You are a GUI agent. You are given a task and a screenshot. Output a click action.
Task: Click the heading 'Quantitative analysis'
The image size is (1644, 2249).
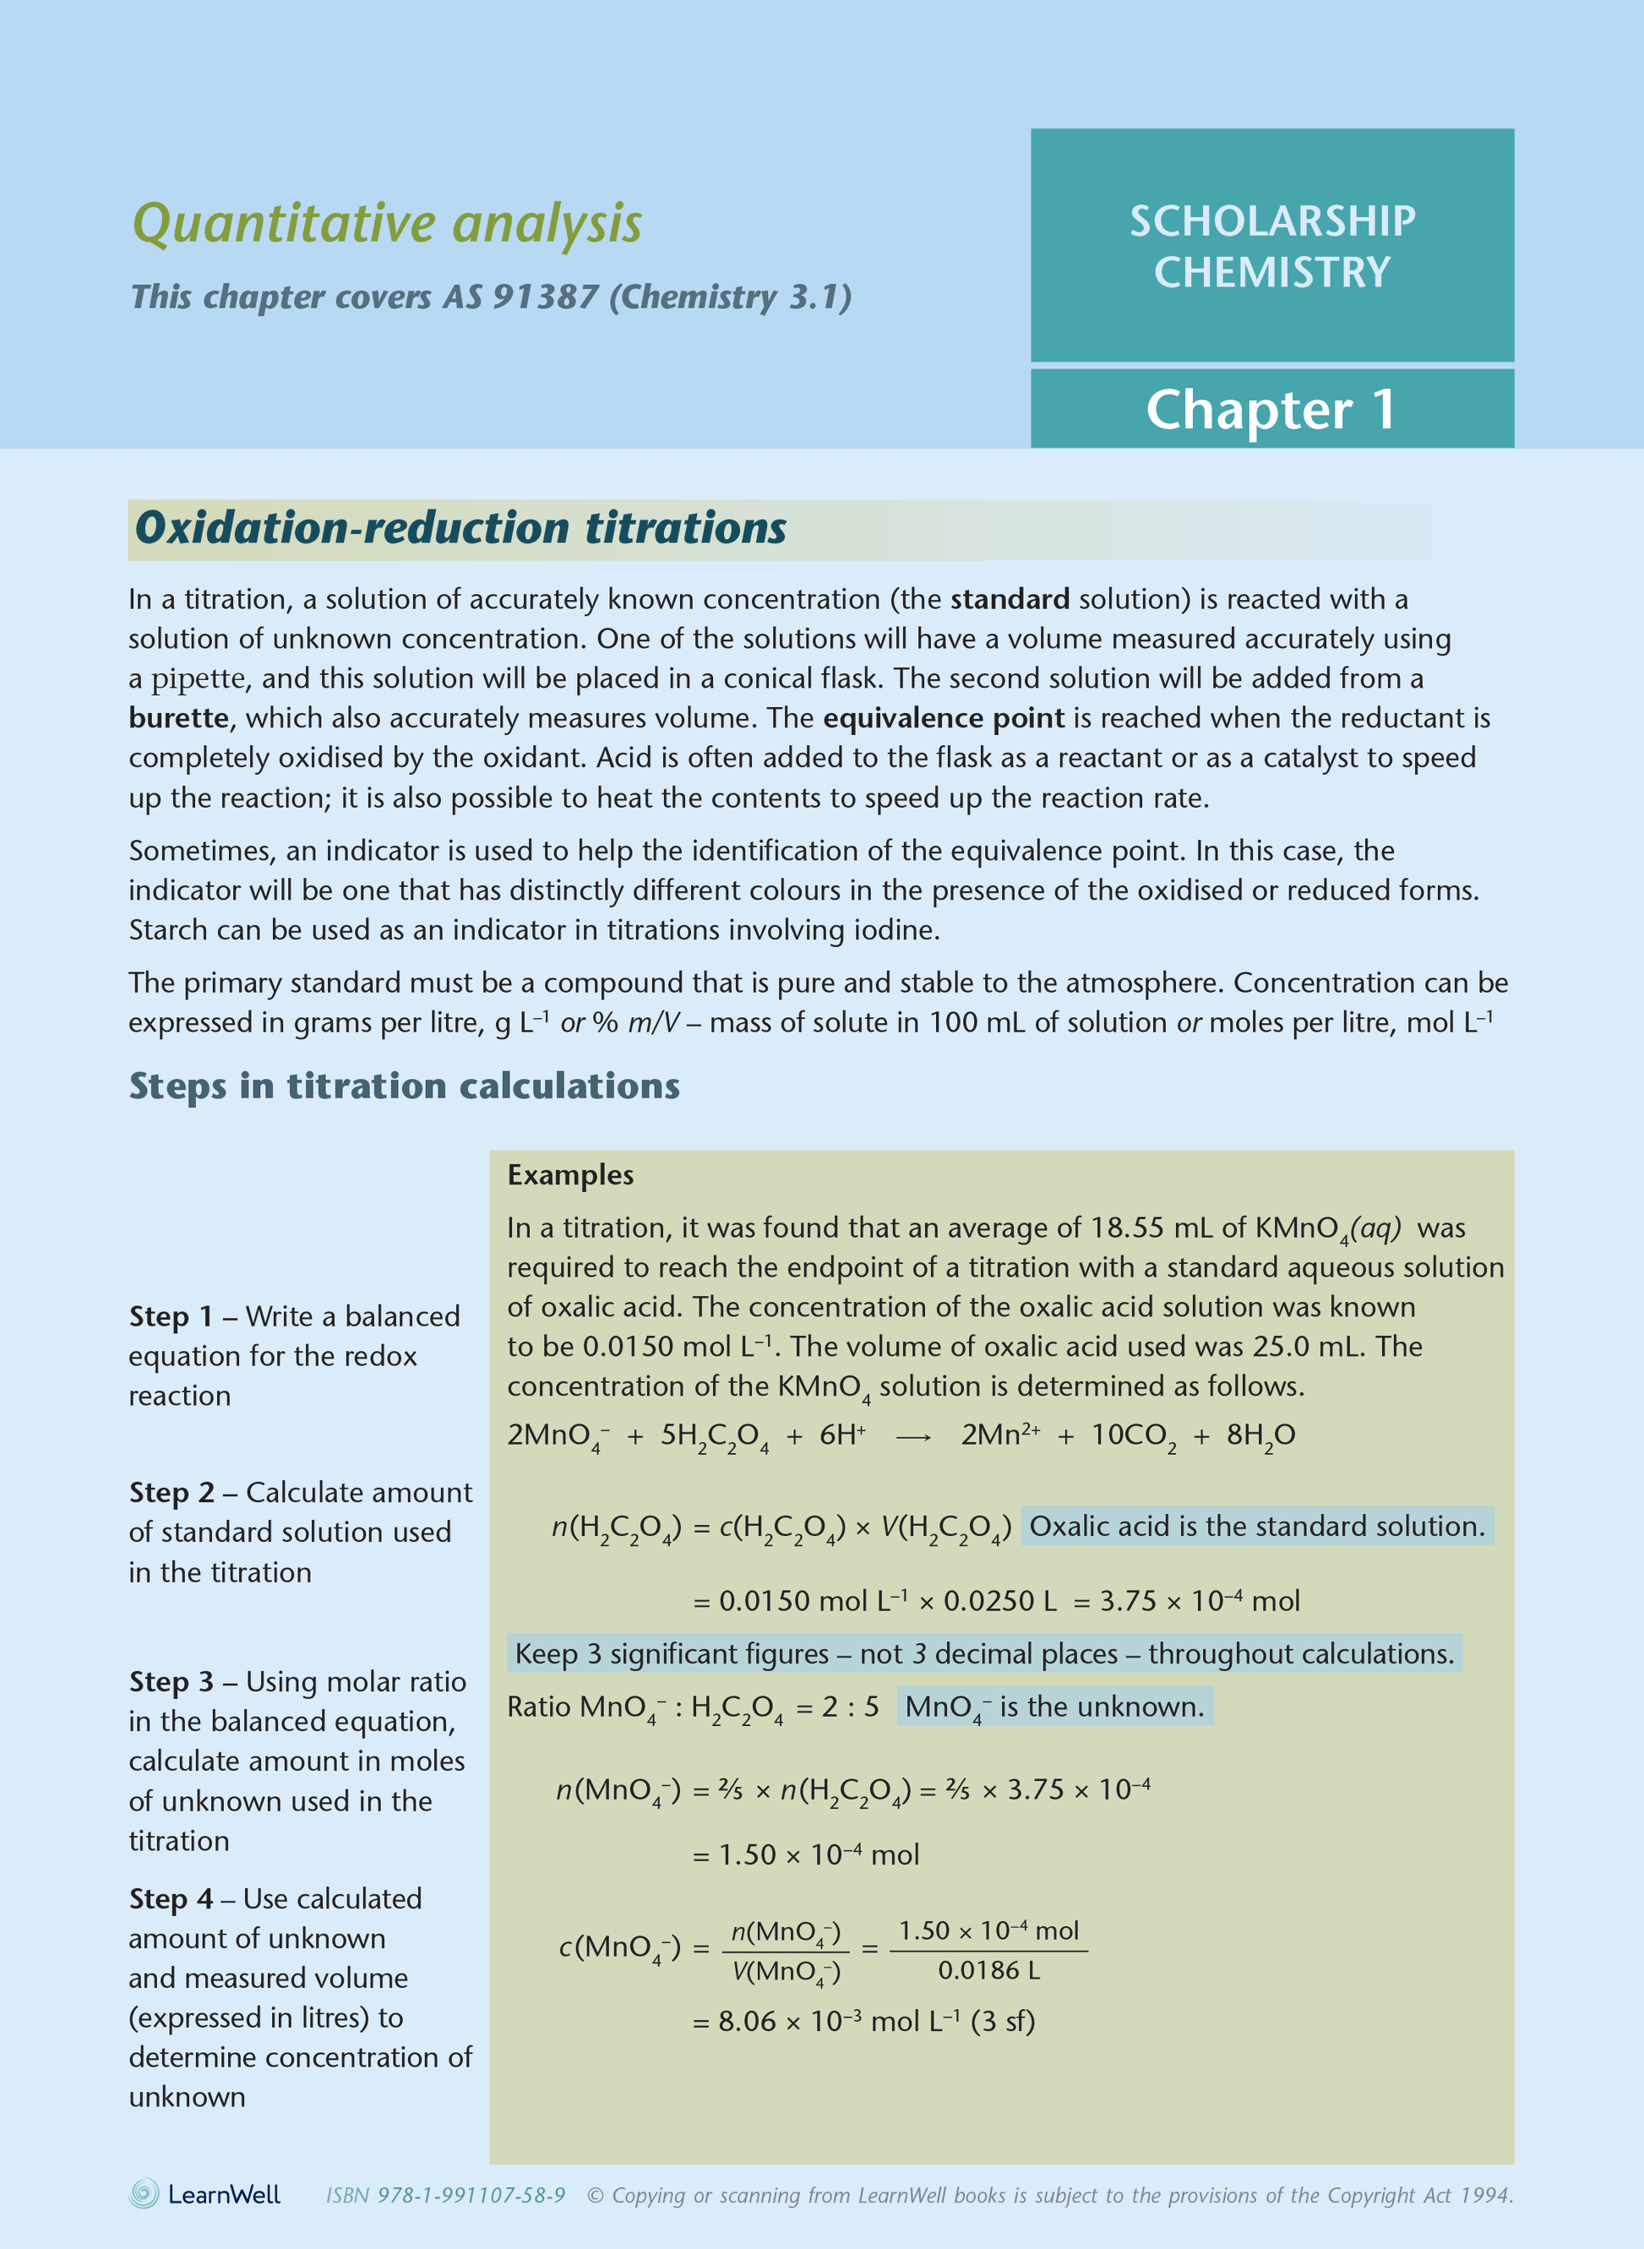386,223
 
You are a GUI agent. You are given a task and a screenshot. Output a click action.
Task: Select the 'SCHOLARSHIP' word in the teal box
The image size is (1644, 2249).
1271,221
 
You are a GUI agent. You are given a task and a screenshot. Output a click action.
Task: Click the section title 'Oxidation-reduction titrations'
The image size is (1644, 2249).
460,528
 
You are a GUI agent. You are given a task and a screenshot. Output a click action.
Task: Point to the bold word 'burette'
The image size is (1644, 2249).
179,717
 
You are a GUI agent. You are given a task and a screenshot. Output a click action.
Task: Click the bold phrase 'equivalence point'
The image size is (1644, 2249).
944,717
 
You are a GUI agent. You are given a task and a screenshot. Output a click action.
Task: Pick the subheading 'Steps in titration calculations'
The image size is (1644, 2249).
404,1086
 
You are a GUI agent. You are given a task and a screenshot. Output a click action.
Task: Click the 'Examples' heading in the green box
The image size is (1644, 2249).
570,1175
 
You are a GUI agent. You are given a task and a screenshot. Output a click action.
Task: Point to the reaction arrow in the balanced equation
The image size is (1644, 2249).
912,1437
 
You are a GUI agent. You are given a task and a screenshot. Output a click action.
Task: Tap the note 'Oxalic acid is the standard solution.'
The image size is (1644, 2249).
1256,1527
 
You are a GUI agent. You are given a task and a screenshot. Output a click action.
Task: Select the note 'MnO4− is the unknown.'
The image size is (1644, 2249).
1053,1707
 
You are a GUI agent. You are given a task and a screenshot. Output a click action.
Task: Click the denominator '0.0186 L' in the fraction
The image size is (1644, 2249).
988,1970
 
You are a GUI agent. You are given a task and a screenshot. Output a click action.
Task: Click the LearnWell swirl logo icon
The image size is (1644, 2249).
144,2194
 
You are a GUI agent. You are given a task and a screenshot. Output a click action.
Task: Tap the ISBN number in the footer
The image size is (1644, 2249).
446,2195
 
